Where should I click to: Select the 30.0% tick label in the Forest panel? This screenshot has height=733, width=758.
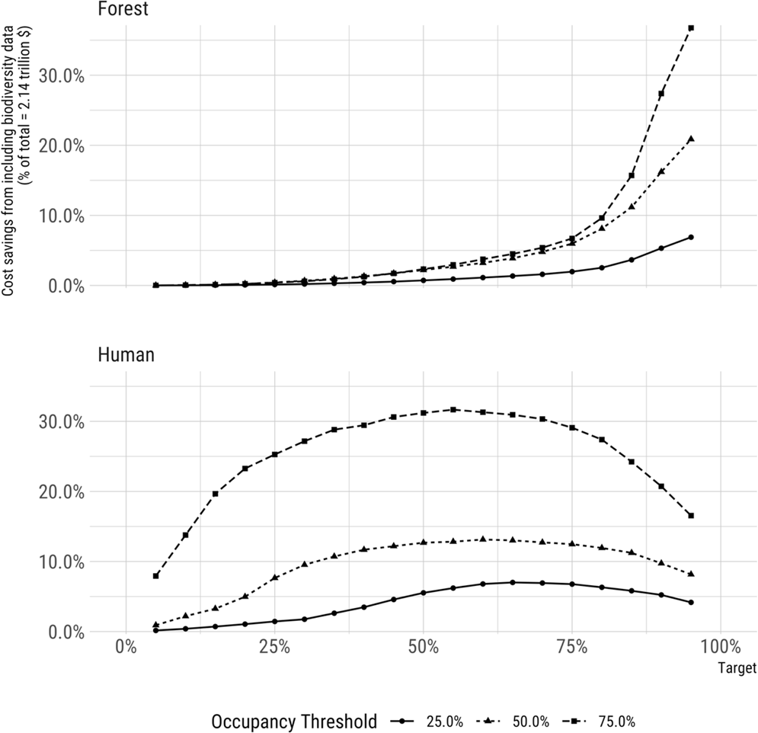[62, 75]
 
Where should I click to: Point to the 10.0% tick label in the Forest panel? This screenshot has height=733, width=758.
[62, 216]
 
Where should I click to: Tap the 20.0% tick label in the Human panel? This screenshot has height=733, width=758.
[62, 492]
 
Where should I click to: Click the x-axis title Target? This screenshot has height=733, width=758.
[736, 668]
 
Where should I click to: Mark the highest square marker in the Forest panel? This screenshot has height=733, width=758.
[691, 27]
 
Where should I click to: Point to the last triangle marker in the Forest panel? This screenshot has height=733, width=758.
[691, 139]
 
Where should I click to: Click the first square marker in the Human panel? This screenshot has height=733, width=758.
[155, 576]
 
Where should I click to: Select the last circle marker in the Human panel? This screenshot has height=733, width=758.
[691, 603]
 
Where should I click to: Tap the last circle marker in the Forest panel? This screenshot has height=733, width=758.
[691, 237]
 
